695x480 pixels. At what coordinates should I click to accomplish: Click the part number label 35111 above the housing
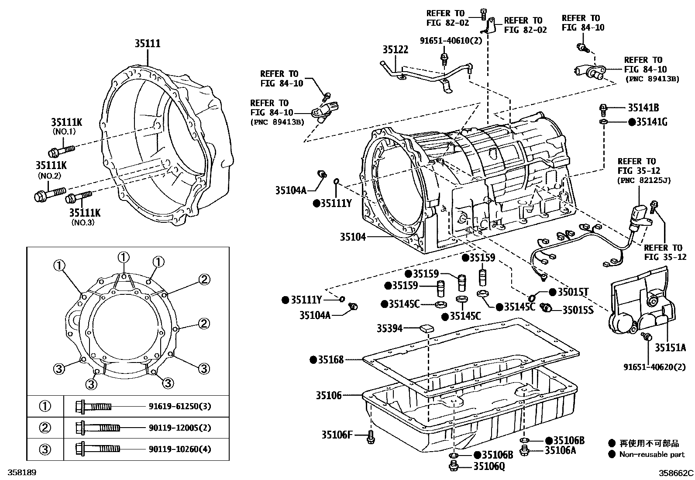[147, 44]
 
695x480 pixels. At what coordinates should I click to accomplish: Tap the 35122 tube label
[396, 50]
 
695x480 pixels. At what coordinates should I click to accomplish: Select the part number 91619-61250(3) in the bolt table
[179, 407]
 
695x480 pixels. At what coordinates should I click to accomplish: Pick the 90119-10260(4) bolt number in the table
[179, 449]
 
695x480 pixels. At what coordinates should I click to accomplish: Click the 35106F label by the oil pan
[337, 435]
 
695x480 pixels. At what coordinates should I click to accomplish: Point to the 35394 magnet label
[389, 328]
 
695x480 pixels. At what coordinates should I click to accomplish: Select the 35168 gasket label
[330, 360]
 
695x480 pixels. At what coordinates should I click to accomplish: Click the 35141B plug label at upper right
[643, 108]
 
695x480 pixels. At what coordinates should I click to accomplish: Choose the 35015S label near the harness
[578, 310]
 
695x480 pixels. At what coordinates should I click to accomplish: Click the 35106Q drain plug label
[489, 466]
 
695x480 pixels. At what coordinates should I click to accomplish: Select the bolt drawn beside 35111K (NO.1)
[62, 151]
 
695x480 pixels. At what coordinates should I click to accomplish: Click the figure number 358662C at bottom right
[676, 473]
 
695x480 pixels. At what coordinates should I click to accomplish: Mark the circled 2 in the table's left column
[45, 428]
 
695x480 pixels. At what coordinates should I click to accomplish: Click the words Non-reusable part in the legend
[652, 455]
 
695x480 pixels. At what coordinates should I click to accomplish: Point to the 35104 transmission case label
[353, 237]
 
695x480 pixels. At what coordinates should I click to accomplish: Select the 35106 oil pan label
[329, 396]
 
